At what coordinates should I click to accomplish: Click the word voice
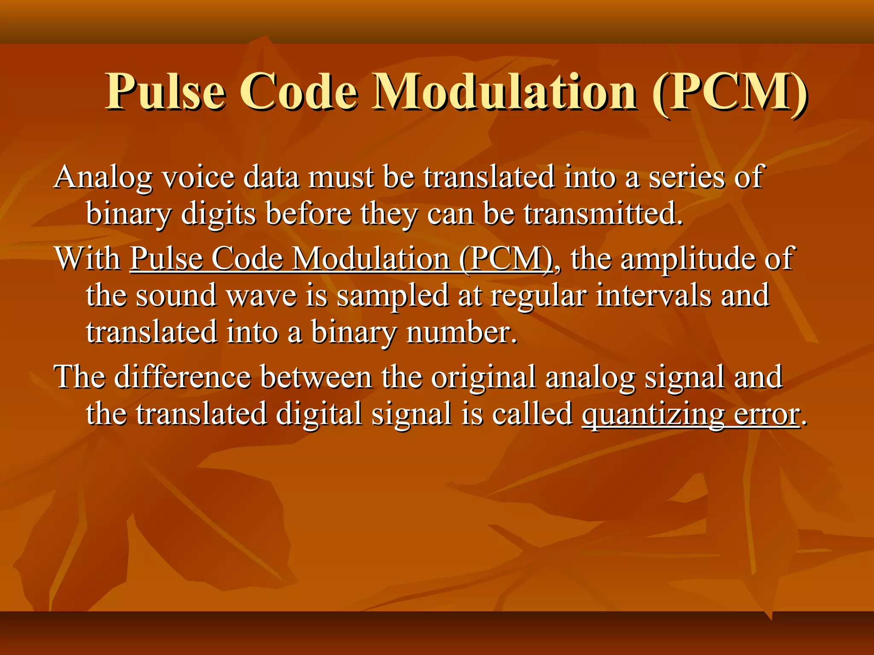click(199, 177)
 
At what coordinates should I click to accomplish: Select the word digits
click(218, 214)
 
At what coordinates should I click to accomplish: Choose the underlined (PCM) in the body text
click(506, 259)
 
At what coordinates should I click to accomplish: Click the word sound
click(176, 296)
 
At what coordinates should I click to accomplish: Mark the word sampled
click(393, 296)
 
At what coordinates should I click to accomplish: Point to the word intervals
click(653, 296)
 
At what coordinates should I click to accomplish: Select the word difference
click(183, 377)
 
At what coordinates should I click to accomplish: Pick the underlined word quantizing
click(653, 414)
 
